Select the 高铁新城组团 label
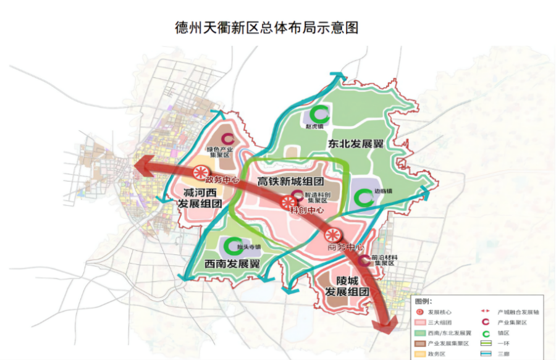(x=290, y=182)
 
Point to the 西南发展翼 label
(x=232, y=263)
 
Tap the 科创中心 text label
(x=308, y=210)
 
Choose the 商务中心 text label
(x=345, y=247)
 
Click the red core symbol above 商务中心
(x=332, y=235)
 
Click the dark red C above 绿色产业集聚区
(x=228, y=140)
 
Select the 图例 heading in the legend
(x=423, y=301)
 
